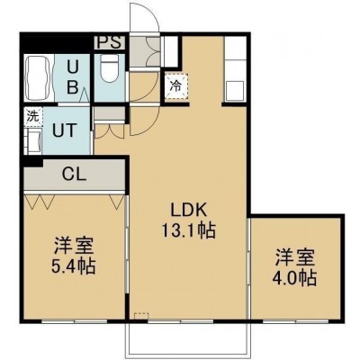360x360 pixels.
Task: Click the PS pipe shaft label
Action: click(110, 42)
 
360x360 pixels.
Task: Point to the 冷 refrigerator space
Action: click(176, 86)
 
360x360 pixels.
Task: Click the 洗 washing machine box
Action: click(33, 116)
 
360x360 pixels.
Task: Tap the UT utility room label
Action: click(64, 130)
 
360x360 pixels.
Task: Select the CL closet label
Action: click(74, 174)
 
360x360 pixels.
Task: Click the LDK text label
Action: click(189, 210)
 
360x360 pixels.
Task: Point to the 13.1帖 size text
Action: click(188, 230)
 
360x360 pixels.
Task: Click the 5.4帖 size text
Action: click(74, 265)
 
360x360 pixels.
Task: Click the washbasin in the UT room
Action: click(33, 140)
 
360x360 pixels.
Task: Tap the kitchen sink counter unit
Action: click(236, 69)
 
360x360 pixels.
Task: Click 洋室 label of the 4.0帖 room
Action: click(295, 257)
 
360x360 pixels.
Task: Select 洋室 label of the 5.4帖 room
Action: click(74, 246)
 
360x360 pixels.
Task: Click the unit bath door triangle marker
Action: click(85, 95)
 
